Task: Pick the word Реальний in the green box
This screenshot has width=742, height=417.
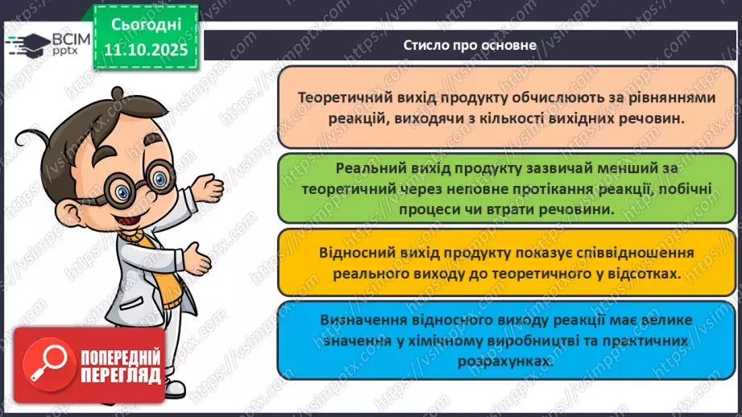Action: (x=367, y=169)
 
